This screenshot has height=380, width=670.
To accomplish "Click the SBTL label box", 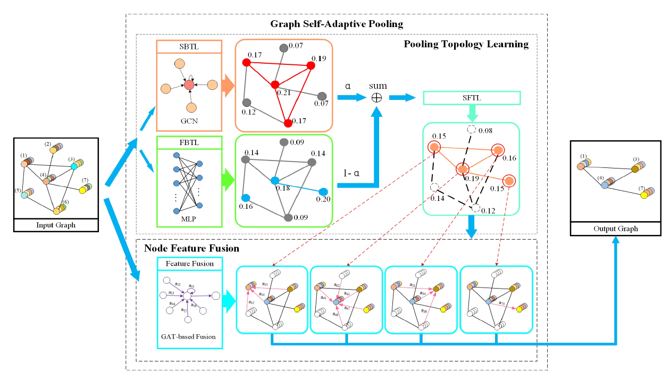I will coord(189,46).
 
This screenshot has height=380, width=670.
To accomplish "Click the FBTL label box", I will coord(189,143).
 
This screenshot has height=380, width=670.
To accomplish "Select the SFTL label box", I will coord(471,98).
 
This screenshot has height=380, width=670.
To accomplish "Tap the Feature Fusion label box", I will coord(190,264).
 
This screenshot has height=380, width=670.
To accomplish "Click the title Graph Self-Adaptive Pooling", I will coord(337,24).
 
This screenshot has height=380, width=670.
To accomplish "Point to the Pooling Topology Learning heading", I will coord(466,44).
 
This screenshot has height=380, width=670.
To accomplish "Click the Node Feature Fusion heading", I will coord(191,248).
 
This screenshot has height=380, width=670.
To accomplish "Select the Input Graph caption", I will coord(56,225).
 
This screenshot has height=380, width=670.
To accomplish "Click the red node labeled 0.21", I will coord(275,85).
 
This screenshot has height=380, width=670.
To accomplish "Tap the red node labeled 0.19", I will coord(311,65).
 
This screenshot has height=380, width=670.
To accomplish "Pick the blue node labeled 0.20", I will coord(323,191).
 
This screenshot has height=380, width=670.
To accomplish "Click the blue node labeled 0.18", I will coord(274,181).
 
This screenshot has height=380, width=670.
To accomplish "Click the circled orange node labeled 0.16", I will coord(498,150).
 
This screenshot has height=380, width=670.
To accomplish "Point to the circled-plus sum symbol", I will coord(377,97).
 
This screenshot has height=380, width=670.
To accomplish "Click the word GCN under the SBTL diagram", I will coord(189,121).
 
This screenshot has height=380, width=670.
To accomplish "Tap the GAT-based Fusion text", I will coord(190,336).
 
